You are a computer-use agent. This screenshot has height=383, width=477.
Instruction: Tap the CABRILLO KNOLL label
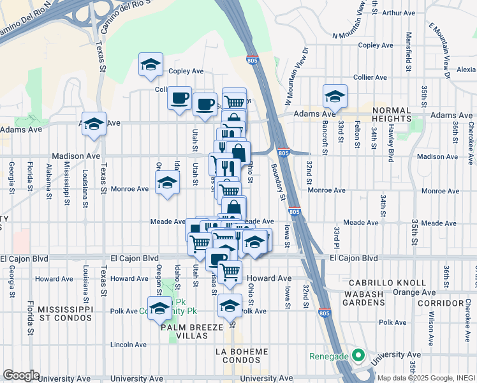tap(387, 282)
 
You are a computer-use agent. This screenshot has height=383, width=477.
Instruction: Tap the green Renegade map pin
tap(359, 356)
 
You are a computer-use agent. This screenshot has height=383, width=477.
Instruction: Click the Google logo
tap(20, 375)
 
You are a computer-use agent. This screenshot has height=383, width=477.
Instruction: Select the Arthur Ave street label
tap(399, 12)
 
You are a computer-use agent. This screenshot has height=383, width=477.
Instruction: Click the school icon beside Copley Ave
tap(151, 64)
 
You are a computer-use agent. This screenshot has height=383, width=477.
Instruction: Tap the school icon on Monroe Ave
tap(167, 184)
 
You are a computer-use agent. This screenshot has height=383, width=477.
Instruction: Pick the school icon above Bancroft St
tap(335, 96)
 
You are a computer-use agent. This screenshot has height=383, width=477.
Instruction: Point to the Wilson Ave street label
tap(432, 324)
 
